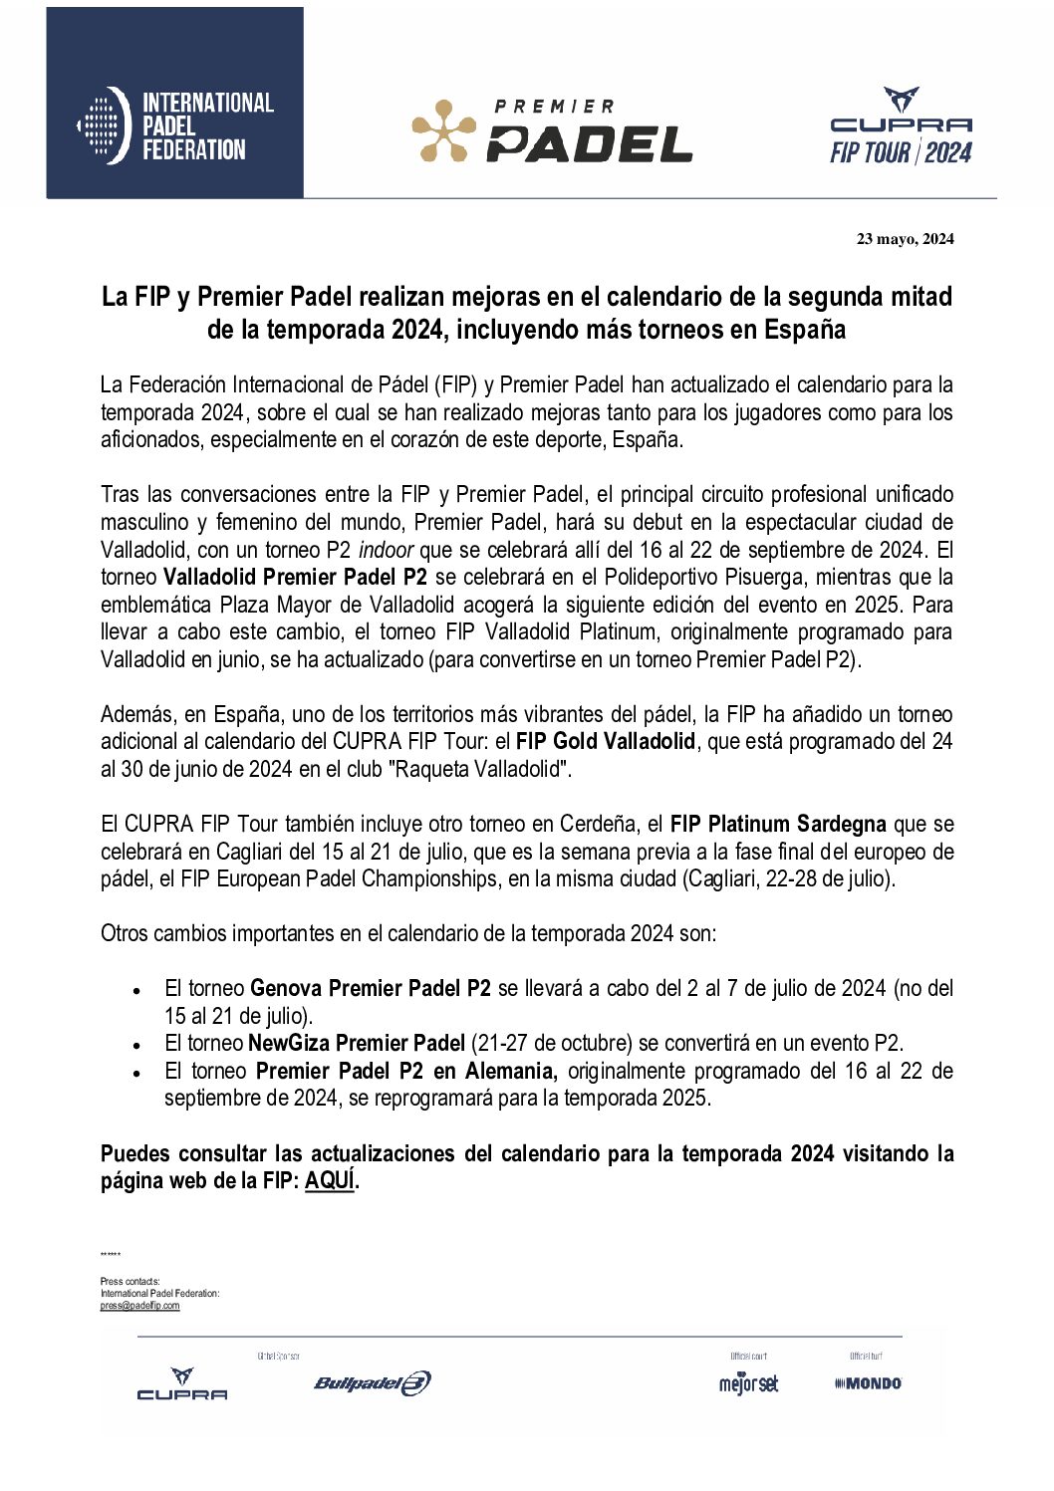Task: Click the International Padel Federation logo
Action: [x=175, y=125]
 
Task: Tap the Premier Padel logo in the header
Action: [x=552, y=130]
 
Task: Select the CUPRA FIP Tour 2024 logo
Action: [x=901, y=126]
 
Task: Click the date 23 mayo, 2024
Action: [x=905, y=239]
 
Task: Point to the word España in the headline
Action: [x=804, y=330]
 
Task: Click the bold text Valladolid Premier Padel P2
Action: [x=295, y=578]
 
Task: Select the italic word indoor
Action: [x=386, y=550]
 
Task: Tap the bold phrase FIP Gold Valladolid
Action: [x=605, y=742]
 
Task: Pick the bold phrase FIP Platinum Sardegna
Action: [x=778, y=825]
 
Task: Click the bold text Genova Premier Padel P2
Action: [x=370, y=989]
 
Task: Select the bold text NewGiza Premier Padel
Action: [x=356, y=1044]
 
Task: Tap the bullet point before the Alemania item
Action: [x=136, y=1074]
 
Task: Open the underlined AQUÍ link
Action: [x=330, y=1181]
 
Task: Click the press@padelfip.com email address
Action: [x=139, y=1306]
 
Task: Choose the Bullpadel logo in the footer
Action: [x=372, y=1382]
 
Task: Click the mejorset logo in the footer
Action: [x=748, y=1383]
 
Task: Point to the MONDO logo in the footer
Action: [x=868, y=1383]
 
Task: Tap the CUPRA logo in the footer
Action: [x=181, y=1384]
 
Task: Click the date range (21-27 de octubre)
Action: [x=551, y=1044]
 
